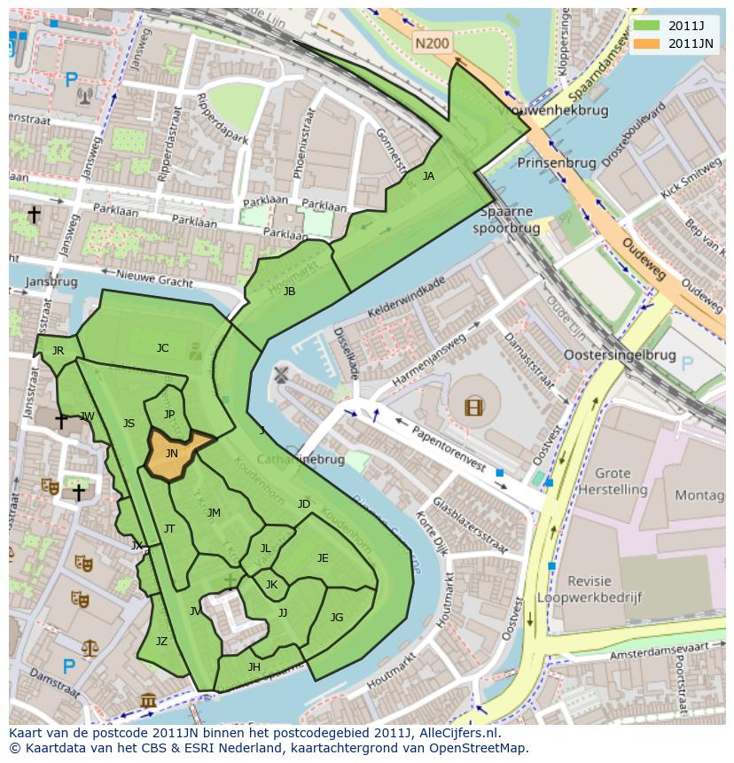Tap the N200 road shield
click(433, 41)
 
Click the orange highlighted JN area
click(173, 453)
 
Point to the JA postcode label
click(428, 176)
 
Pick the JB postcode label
click(289, 291)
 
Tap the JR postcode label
click(58, 350)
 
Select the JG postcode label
click(337, 617)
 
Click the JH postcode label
click(254, 666)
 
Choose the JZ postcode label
click(161, 642)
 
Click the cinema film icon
click(474, 407)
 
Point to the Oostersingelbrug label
click(620, 355)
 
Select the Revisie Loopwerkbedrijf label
click(603, 589)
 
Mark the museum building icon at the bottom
click(148, 703)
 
